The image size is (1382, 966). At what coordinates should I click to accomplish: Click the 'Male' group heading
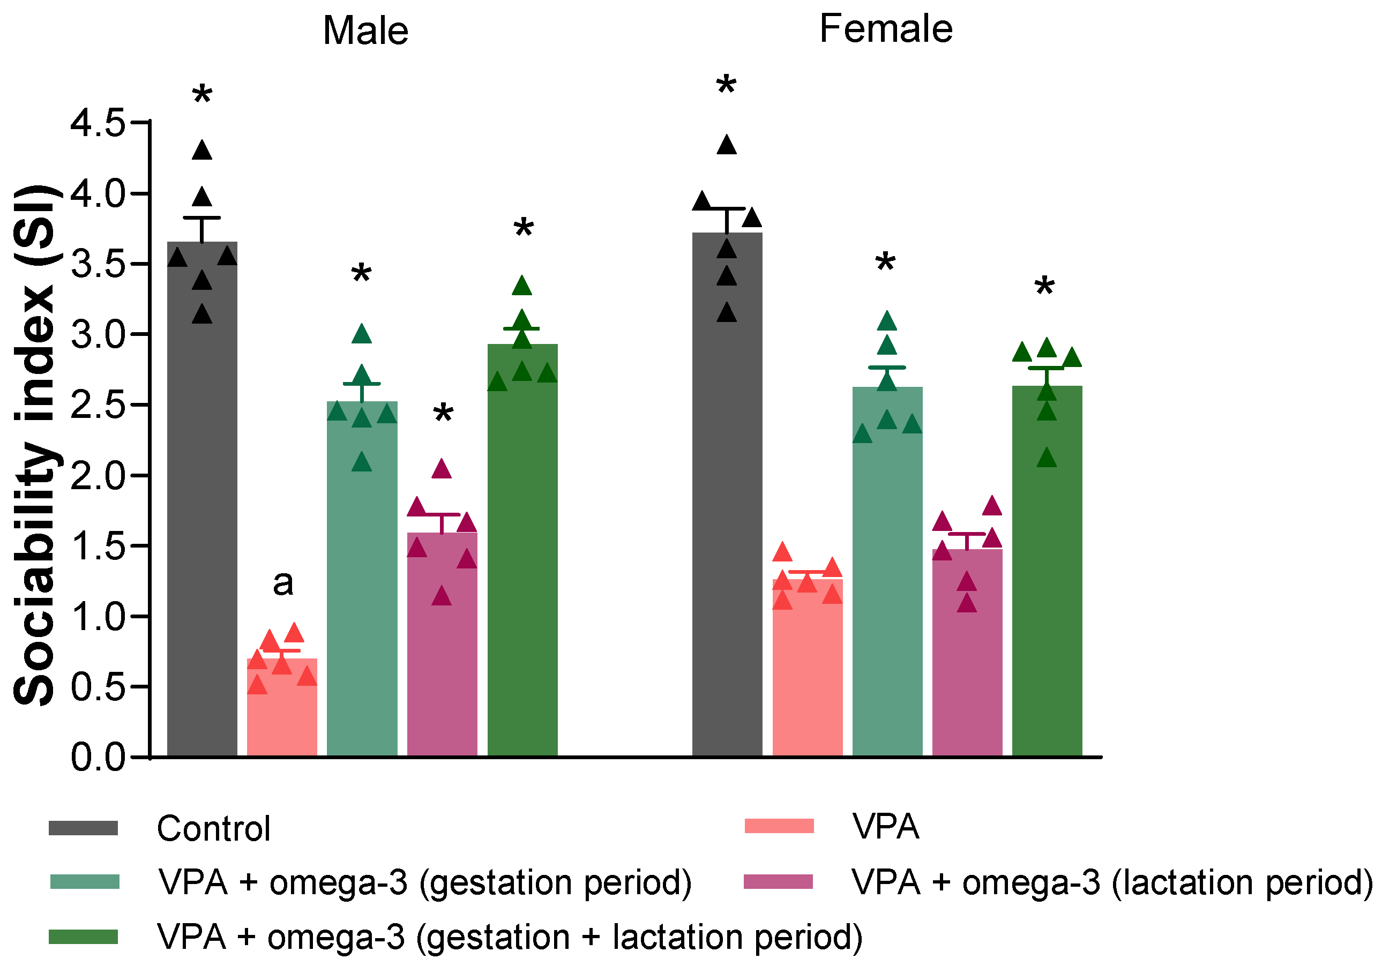pos(365,31)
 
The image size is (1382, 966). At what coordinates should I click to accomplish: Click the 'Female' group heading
pos(885,29)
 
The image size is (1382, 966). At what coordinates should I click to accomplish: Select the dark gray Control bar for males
pos(202,512)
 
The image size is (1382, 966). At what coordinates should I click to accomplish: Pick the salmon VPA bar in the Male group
pos(282,710)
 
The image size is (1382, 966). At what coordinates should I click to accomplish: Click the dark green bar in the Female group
pos(1047,572)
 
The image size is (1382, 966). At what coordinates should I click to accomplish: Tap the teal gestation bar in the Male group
pos(362,578)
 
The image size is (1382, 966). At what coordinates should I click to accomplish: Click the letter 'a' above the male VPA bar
pos(283,582)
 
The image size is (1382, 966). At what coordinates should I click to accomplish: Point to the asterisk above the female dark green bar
pos(1044,288)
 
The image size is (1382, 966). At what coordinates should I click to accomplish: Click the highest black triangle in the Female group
pos(727,145)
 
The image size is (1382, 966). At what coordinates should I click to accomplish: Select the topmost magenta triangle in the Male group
pos(442,469)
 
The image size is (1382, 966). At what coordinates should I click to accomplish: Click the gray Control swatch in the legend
pos(83,828)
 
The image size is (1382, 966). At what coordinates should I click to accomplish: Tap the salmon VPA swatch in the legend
pos(779,826)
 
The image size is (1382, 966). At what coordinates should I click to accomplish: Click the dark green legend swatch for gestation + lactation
pos(83,937)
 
